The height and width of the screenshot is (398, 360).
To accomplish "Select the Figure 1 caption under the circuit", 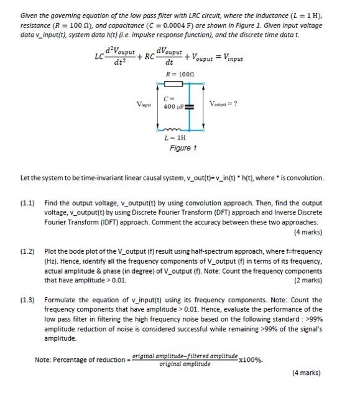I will pos(183,149).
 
